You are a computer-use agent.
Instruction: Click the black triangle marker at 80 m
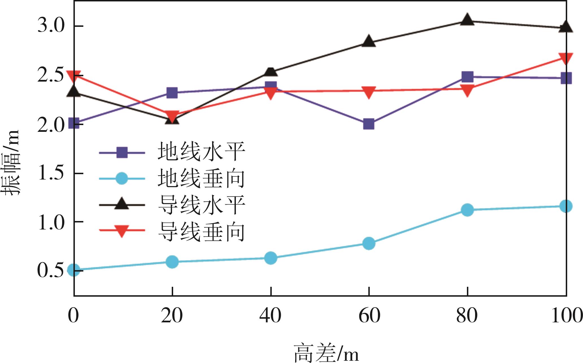[467, 20]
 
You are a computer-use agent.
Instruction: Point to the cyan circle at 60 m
[369, 243]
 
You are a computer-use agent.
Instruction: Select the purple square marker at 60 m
[369, 124]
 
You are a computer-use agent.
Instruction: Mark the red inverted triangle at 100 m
[566, 58]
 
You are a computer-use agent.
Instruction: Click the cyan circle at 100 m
[566, 206]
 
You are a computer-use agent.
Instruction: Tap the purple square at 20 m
[172, 93]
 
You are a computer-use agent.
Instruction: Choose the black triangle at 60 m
[369, 41]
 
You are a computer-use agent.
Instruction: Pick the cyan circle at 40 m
[271, 258]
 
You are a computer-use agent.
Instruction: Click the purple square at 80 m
[467, 76]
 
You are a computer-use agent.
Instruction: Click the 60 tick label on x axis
[369, 316]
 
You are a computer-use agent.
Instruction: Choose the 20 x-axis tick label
[172, 316]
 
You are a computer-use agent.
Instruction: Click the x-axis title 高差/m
[326, 353]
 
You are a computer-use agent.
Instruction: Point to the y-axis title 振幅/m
[11, 163]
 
